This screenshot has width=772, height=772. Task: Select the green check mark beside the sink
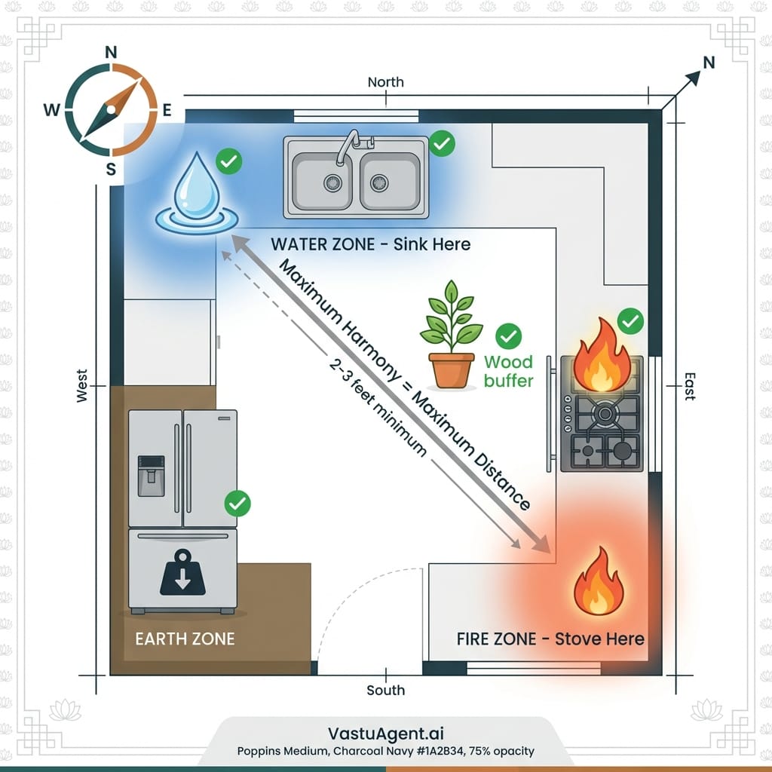pyautogui.click(x=443, y=143)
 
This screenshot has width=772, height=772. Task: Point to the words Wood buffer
pyautogui.click(x=508, y=372)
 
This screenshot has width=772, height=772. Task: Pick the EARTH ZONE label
pyautogui.click(x=185, y=639)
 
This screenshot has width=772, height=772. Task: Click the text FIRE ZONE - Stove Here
pyautogui.click(x=550, y=639)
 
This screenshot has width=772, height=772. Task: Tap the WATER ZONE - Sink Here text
pyautogui.click(x=370, y=244)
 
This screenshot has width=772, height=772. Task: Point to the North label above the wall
pyautogui.click(x=385, y=81)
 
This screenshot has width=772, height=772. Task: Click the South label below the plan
pyautogui.click(x=385, y=690)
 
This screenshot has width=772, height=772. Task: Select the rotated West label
pyautogui.click(x=82, y=385)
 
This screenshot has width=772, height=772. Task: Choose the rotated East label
pyautogui.click(x=688, y=385)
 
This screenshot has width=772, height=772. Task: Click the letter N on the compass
pyautogui.click(x=111, y=53)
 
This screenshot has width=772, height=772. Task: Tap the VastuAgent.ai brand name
pyautogui.click(x=385, y=734)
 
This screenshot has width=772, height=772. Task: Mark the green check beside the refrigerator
pyautogui.click(x=238, y=503)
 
